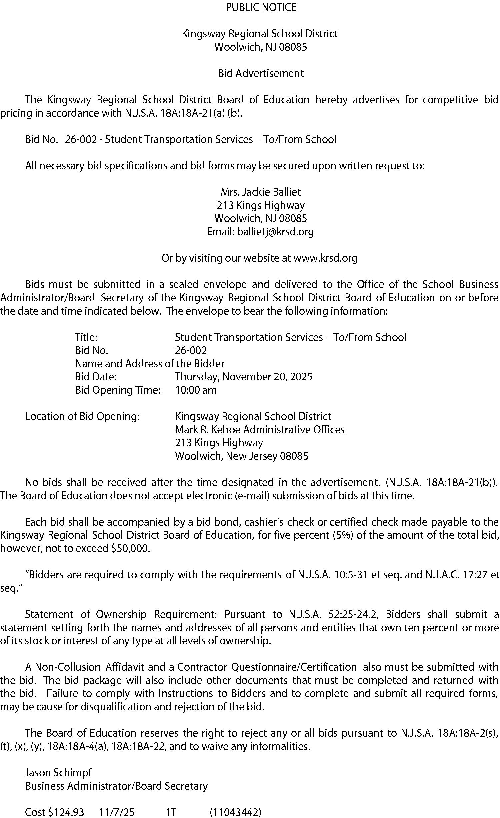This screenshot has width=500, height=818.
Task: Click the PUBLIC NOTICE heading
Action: tap(261, 7)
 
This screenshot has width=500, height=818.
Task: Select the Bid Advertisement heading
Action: tap(261, 73)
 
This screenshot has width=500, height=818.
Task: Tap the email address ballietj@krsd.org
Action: tap(275, 232)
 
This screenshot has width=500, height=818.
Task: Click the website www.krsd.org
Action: tap(325, 258)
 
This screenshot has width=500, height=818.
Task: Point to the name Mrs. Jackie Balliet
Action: tap(261, 192)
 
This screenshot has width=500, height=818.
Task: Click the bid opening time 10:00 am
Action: tap(196, 390)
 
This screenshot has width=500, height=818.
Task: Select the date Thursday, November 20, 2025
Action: tap(244, 377)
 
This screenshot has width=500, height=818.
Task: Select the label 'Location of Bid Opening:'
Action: tap(82, 416)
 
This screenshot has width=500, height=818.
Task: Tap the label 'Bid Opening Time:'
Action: tap(118, 390)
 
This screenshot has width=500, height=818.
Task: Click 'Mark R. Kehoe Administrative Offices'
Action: tap(260, 430)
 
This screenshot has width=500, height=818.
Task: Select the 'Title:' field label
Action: tap(86, 337)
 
